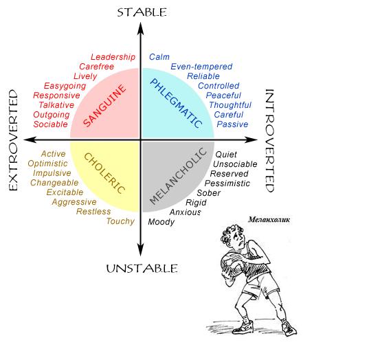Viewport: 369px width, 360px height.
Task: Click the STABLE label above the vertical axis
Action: coord(142,12)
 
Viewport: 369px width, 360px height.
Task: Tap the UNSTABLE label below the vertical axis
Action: coord(142,269)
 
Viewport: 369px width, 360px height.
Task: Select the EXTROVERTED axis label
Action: coord(14,140)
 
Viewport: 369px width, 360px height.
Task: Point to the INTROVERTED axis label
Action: coord(269,140)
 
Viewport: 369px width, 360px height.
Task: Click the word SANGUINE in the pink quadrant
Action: coord(105,105)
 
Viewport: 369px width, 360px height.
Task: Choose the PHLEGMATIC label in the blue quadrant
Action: coord(176,103)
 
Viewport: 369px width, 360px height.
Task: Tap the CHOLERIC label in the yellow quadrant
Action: coord(104,173)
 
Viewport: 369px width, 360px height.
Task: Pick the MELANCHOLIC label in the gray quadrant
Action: coord(178,175)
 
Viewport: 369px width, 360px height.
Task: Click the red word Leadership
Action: coord(113,57)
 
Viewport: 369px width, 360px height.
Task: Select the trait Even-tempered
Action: coord(201,67)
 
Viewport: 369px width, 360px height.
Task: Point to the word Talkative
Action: coord(56,105)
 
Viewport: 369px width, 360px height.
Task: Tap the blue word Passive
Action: coord(232,124)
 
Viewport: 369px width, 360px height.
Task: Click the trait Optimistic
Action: coord(47,164)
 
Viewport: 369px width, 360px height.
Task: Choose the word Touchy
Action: coord(120,221)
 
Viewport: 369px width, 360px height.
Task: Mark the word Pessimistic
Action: coord(227,183)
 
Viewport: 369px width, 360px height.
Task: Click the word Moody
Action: coord(161,222)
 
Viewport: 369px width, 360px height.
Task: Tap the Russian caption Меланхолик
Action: coord(269,220)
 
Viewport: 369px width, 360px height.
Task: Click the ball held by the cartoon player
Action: coord(232,264)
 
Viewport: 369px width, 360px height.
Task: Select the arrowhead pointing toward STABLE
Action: coord(141,29)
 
